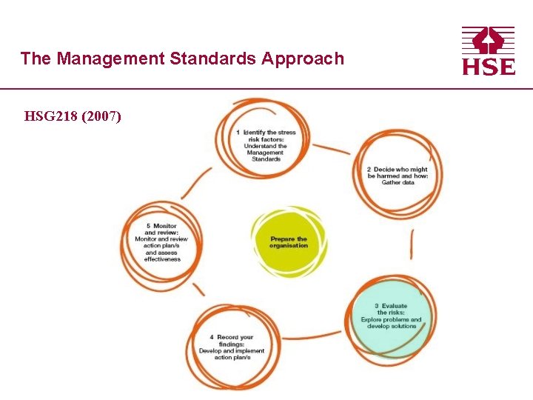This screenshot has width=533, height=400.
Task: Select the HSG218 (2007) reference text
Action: pos(73,116)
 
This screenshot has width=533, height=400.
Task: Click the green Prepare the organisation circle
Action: pos(289,242)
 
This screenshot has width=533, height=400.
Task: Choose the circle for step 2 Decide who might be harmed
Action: pos(397,175)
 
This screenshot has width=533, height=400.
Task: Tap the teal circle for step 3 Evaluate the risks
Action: pos(390,316)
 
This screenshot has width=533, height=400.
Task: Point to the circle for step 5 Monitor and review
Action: pos(162,243)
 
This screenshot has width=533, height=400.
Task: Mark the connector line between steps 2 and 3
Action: pos(412,244)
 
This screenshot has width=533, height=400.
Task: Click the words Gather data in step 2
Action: pos(398,182)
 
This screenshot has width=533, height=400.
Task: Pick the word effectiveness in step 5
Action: pos(162,259)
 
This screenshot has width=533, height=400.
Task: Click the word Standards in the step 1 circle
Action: pos(266,159)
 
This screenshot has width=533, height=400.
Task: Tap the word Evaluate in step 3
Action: pos(394,306)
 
